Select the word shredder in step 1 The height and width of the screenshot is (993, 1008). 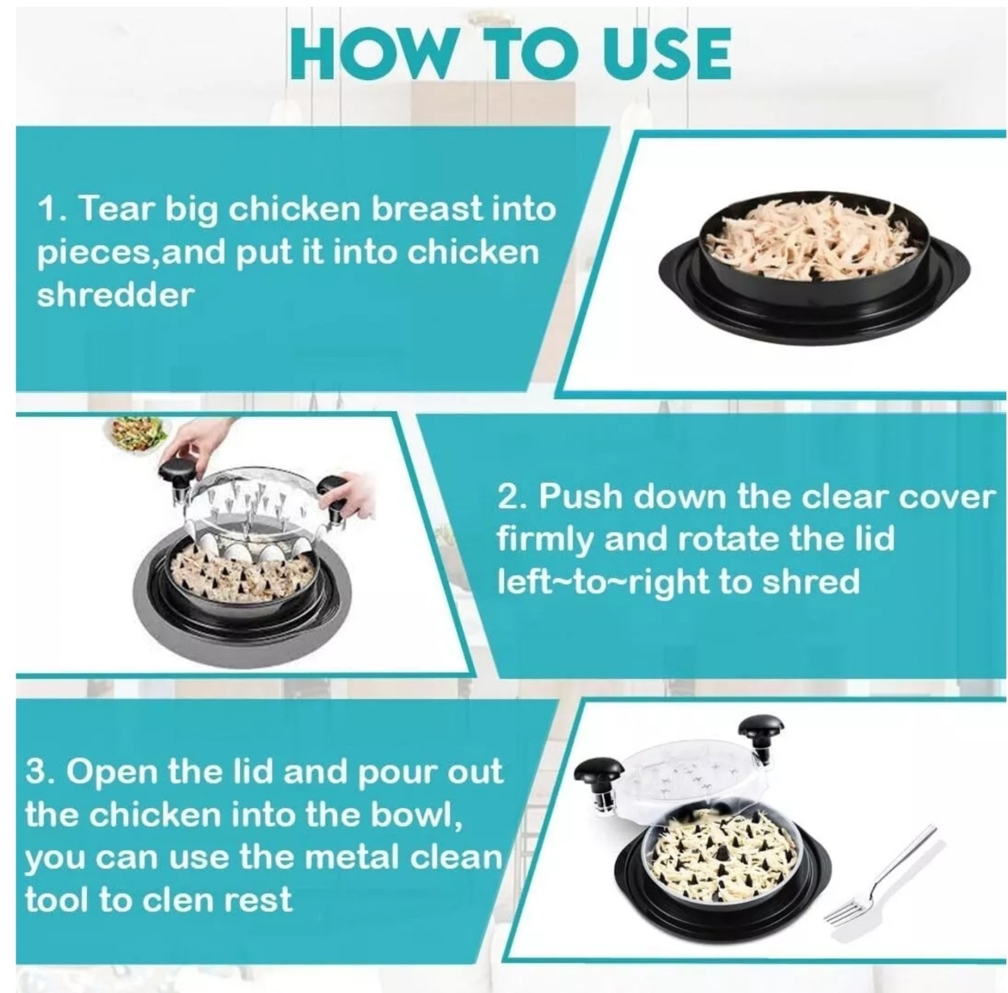point(115,294)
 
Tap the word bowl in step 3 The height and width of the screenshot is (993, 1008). point(409,814)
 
